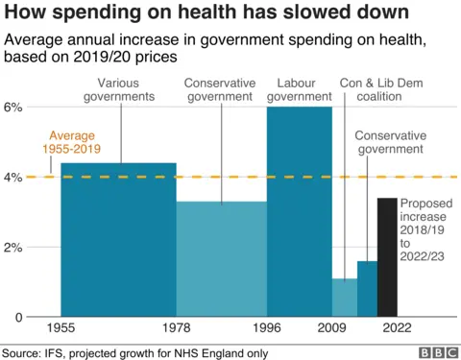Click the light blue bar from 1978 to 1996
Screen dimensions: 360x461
click(221, 259)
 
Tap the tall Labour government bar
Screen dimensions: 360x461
click(299, 211)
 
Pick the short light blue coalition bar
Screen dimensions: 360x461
click(344, 298)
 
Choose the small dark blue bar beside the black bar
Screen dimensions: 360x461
click(367, 289)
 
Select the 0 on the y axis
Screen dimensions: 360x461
click(17, 317)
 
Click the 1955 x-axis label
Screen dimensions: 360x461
click(61, 329)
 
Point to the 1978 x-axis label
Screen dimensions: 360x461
click(176, 329)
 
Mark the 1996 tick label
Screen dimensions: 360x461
click(266, 329)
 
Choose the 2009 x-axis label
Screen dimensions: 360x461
click(331, 329)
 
